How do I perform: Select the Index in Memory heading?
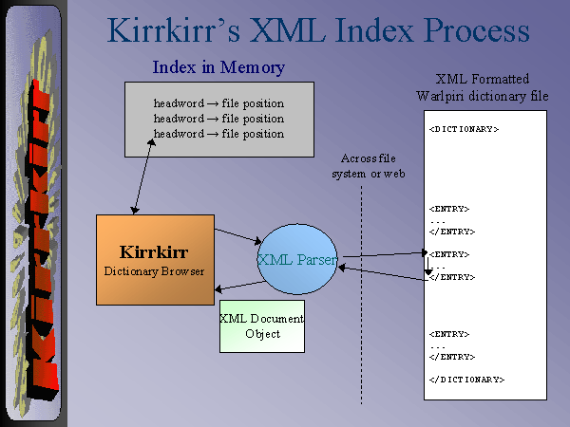[218, 67]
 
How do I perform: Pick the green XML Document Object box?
[262, 325]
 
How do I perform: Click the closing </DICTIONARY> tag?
[466, 380]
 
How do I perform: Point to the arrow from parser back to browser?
[237, 285]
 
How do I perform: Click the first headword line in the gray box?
[218, 103]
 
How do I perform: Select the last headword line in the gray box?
[218, 134]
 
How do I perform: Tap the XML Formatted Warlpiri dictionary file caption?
[483, 89]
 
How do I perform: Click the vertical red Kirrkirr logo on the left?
[34, 237]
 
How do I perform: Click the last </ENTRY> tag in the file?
[452, 357]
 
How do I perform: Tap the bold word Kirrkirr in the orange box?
[155, 252]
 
